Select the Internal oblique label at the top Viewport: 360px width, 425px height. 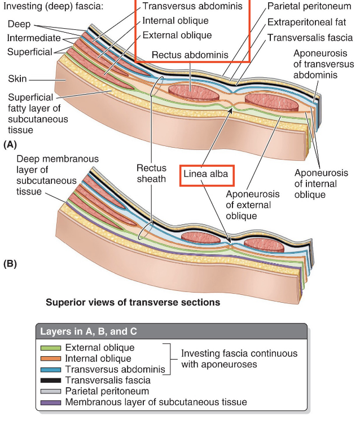175,21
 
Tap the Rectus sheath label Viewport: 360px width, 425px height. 151,174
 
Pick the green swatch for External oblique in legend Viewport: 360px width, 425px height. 50,348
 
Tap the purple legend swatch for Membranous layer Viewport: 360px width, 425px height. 50,402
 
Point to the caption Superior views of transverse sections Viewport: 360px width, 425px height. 133,303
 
